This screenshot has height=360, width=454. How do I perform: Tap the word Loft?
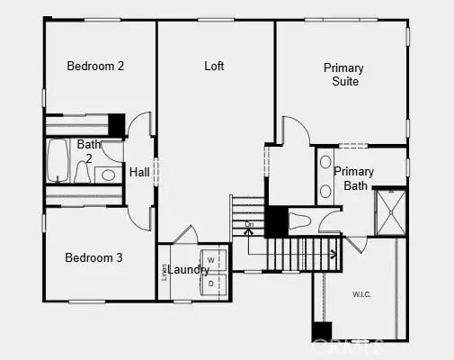[x=214, y=66]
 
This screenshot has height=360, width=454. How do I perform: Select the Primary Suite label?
[x=343, y=75]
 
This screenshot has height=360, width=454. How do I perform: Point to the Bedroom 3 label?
[x=93, y=257]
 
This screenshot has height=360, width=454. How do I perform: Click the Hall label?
[x=139, y=172]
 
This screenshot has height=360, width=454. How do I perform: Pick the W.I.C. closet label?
[x=362, y=293]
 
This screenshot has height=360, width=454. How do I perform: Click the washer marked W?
[x=211, y=259]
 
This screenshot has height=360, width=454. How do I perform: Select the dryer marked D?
[x=211, y=283]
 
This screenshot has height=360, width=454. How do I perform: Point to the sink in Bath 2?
[x=109, y=175]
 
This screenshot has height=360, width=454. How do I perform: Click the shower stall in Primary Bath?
[x=390, y=212]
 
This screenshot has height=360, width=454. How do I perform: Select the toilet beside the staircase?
[x=299, y=220]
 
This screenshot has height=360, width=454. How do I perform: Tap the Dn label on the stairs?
[x=250, y=224]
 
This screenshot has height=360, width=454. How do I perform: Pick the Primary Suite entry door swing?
[x=293, y=130]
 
